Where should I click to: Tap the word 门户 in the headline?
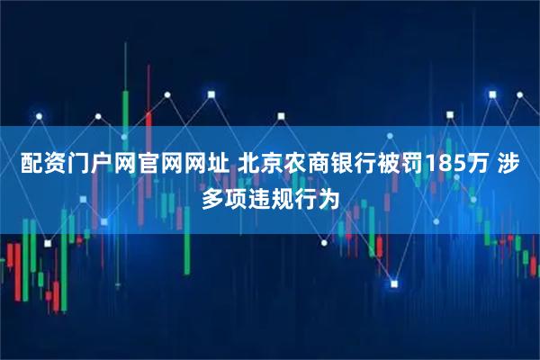click(78, 166)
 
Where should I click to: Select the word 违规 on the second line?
click(270, 197)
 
